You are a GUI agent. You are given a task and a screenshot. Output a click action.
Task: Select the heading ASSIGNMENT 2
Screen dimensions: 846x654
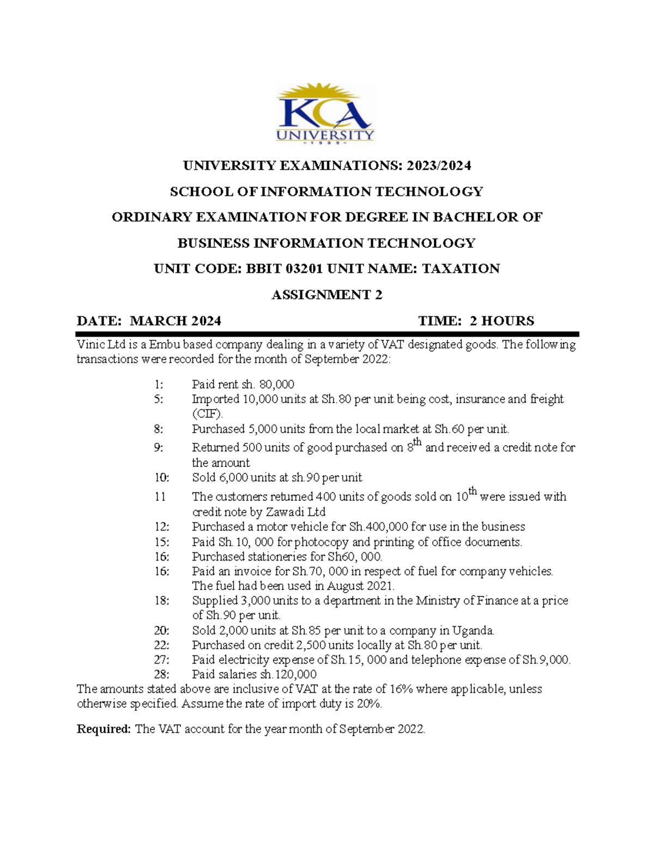[x=326, y=295]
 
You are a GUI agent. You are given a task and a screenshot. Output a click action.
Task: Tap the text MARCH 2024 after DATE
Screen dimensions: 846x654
[x=175, y=321]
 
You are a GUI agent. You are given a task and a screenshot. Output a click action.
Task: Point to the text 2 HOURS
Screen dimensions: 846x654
[x=502, y=321]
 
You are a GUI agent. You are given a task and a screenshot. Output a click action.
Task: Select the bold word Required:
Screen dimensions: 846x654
[x=104, y=729]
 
